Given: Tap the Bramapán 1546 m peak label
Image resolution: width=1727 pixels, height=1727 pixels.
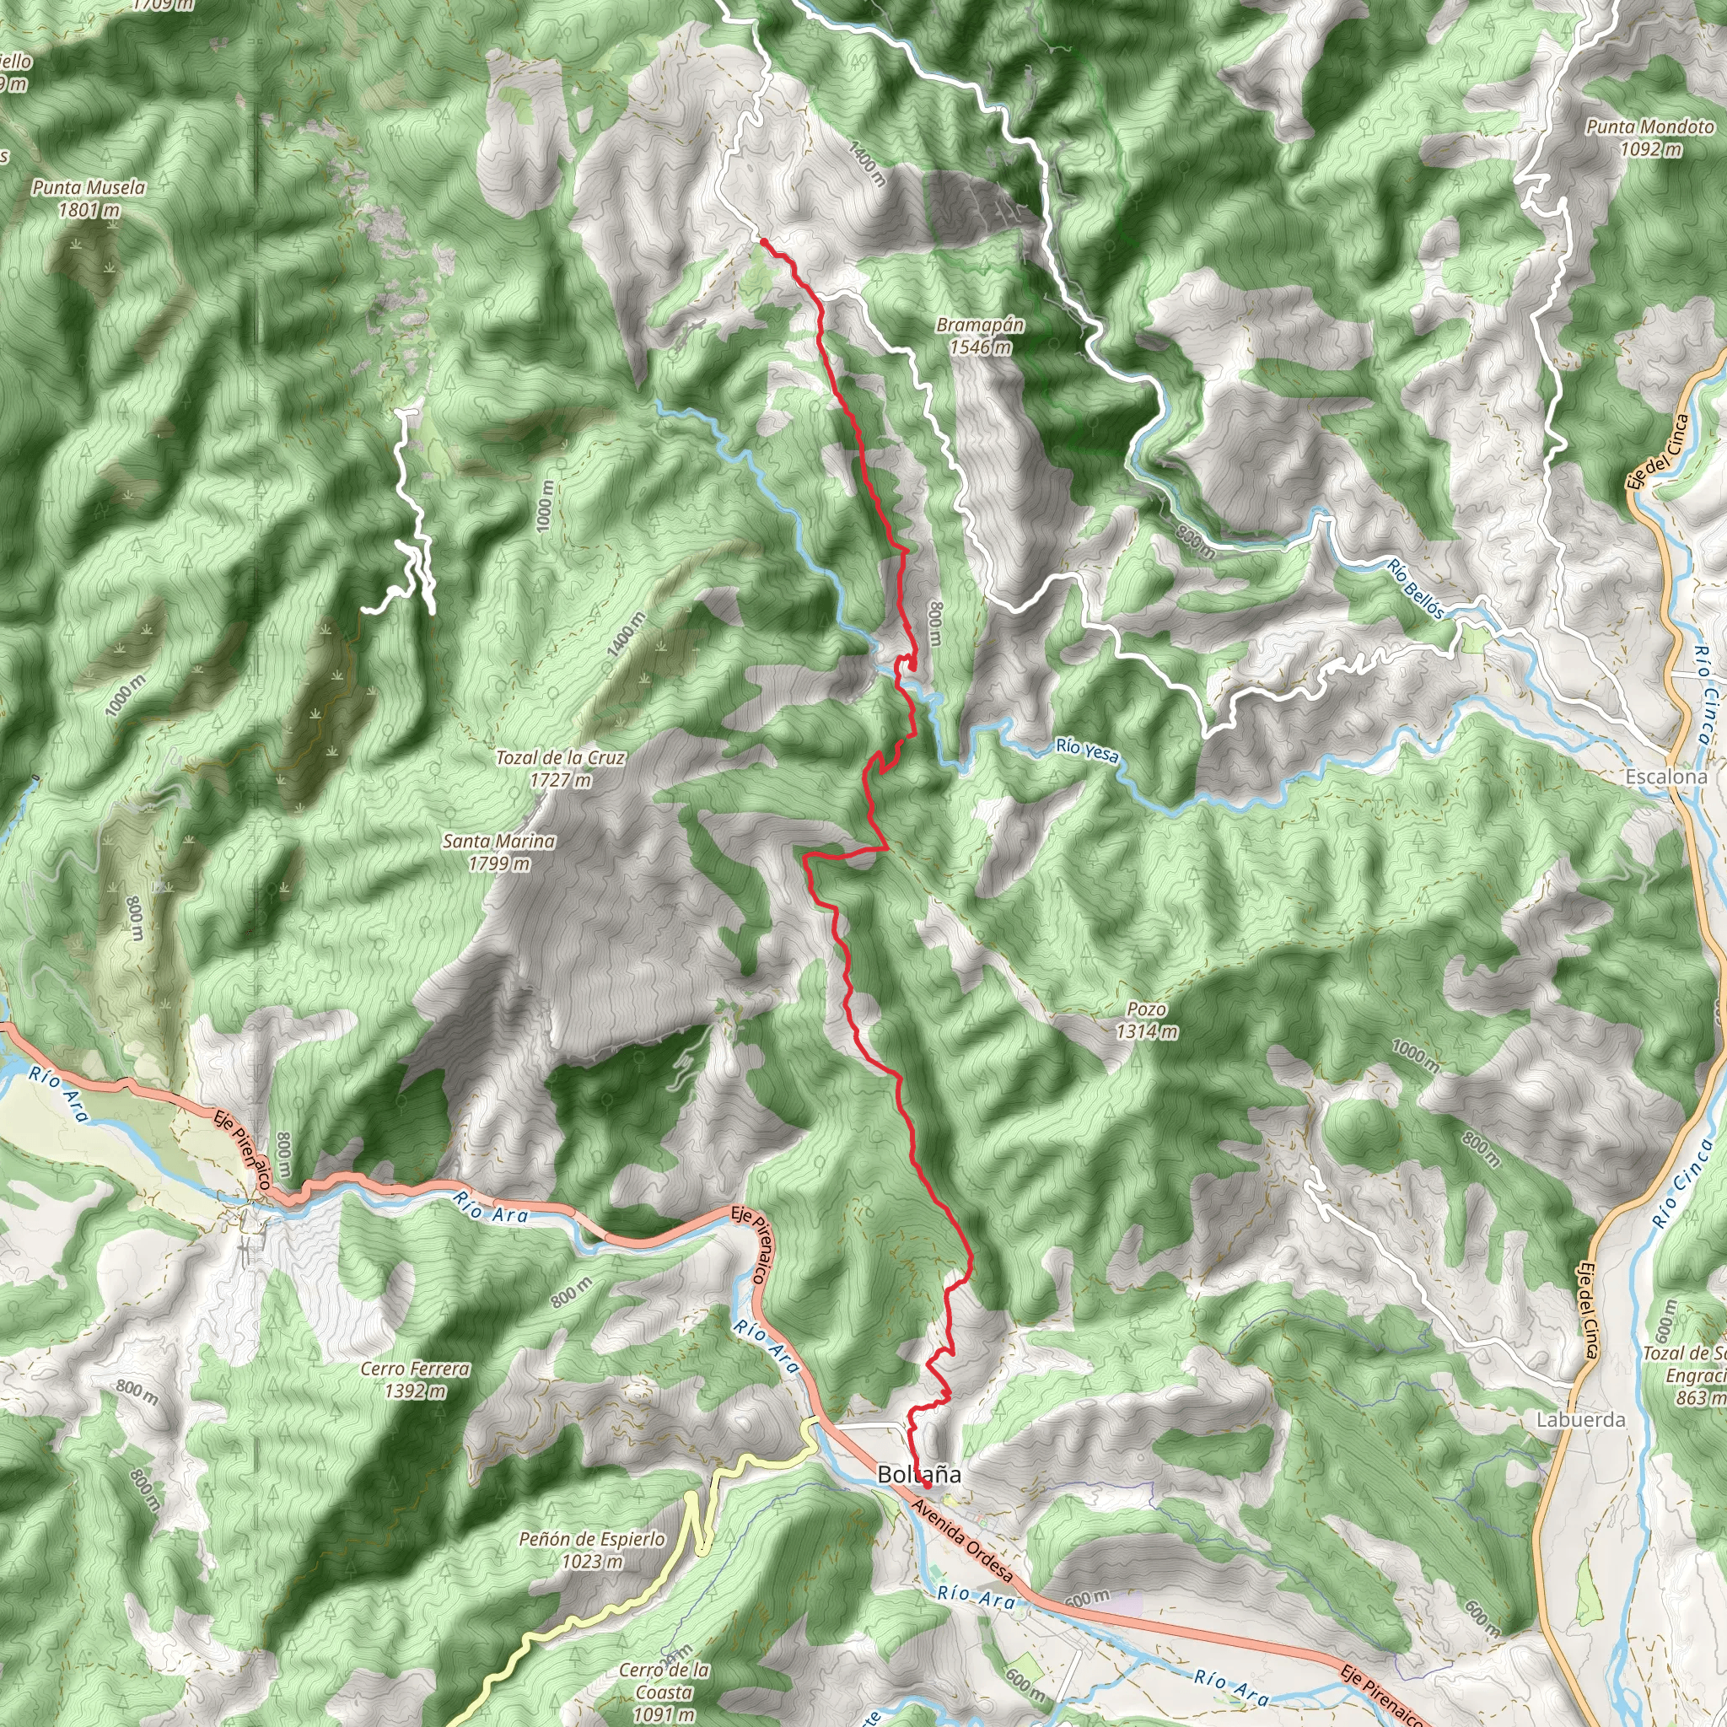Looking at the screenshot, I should click(x=981, y=336).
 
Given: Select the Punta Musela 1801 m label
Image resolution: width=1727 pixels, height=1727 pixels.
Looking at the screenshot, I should click(x=89, y=198).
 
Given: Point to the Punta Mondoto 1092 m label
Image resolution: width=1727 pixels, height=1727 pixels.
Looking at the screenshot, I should click(x=1650, y=137).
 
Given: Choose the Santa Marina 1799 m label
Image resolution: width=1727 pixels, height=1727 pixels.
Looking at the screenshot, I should click(x=499, y=852).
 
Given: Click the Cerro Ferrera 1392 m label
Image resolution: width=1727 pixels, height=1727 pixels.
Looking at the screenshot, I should click(x=415, y=1380).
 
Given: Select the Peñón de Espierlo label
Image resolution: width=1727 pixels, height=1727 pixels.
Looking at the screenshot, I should click(x=592, y=1550).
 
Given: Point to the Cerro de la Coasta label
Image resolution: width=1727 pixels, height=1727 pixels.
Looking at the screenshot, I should click(x=664, y=1692).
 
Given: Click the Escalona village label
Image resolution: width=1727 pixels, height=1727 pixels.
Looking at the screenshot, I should click(x=1666, y=777).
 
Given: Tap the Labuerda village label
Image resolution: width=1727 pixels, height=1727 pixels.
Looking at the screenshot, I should click(x=1580, y=1419).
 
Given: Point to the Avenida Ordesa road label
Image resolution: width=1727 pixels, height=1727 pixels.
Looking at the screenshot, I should click(x=962, y=1540).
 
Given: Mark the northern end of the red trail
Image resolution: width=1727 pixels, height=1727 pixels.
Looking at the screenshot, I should click(x=762, y=240).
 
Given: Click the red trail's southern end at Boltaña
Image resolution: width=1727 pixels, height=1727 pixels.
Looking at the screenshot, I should click(x=927, y=1486).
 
